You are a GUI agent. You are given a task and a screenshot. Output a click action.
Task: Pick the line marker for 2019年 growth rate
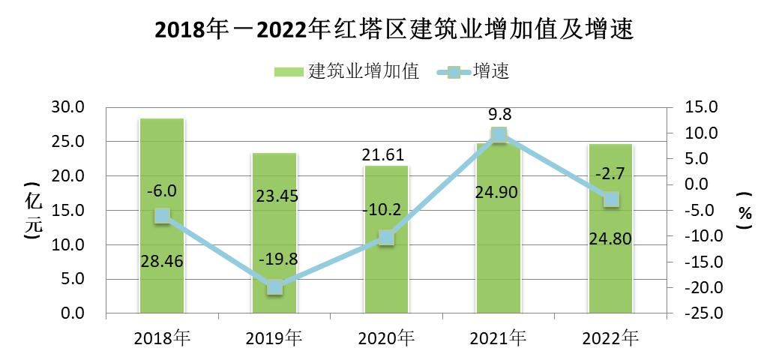click(x=274, y=287)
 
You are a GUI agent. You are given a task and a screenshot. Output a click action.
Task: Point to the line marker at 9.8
click(x=499, y=135)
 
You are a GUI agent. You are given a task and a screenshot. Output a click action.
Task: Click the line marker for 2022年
click(x=611, y=199)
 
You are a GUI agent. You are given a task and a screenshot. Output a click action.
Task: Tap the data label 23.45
click(x=274, y=196)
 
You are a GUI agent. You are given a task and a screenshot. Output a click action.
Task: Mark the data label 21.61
click(x=386, y=155)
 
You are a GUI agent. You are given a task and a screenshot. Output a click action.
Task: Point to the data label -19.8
click(x=274, y=259)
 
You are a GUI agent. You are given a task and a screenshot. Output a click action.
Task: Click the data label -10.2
click(x=386, y=210)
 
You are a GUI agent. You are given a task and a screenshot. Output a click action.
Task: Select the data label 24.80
click(x=611, y=239)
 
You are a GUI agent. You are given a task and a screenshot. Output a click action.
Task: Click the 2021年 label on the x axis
click(x=499, y=338)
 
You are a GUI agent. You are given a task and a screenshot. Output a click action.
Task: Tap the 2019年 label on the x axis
click(x=274, y=338)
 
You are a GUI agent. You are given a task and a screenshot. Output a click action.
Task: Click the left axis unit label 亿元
click(x=31, y=211)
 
